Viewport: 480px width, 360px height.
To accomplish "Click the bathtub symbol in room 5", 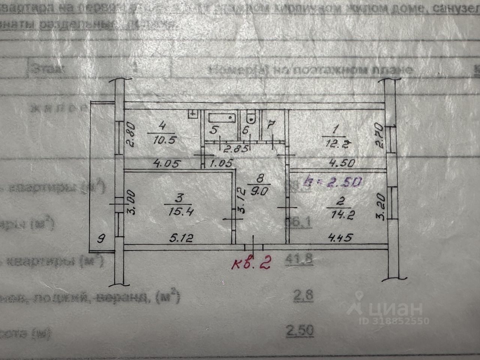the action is tap(221, 117).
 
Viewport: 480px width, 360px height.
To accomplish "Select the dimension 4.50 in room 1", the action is tap(341, 163).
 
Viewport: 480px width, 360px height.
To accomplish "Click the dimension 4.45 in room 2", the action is tap(340, 237).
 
